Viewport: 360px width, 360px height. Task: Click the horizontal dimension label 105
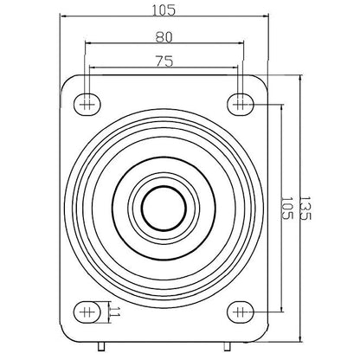click(164, 10)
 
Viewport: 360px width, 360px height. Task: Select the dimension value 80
click(164, 37)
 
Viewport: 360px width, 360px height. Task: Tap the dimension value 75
click(164, 61)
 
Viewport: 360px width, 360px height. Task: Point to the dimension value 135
click(305, 208)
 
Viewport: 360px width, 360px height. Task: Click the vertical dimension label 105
click(287, 208)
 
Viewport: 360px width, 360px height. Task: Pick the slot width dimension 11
click(115, 312)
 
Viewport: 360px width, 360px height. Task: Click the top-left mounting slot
click(87, 104)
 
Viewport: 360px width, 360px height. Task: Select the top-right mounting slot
click(241, 104)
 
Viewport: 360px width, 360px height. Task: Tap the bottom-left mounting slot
click(87, 312)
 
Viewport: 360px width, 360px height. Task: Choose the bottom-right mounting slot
click(241, 312)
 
